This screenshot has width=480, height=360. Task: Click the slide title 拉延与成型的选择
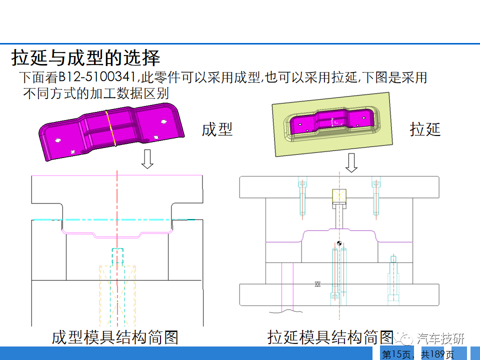coord(85,57)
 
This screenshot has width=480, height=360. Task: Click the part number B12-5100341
coord(96,77)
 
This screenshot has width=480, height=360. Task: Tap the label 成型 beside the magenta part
coord(217,129)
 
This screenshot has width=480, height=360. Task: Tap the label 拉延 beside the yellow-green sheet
coord(425,129)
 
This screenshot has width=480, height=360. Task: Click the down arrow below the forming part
coord(147,159)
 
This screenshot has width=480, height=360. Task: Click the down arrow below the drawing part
coord(351,162)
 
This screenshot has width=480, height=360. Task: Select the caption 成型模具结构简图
coord(115,337)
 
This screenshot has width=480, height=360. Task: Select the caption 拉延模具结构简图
coord(330,337)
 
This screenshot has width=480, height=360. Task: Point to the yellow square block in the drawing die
coord(339,196)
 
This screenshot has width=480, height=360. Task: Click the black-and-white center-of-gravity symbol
coord(339,243)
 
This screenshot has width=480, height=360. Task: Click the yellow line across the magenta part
coord(111,128)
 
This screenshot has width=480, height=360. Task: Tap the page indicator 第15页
coord(396,354)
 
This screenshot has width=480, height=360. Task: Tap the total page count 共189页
coord(437,354)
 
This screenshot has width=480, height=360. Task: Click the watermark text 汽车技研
coord(440,338)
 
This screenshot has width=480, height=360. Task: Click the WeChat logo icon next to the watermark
coord(403,338)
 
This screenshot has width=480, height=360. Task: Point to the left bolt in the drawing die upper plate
coord(302,197)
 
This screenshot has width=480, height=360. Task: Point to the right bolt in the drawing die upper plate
coord(376,197)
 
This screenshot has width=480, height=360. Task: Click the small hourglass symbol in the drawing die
coord(317,284)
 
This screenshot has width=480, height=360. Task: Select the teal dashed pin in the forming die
coord(117,256)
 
